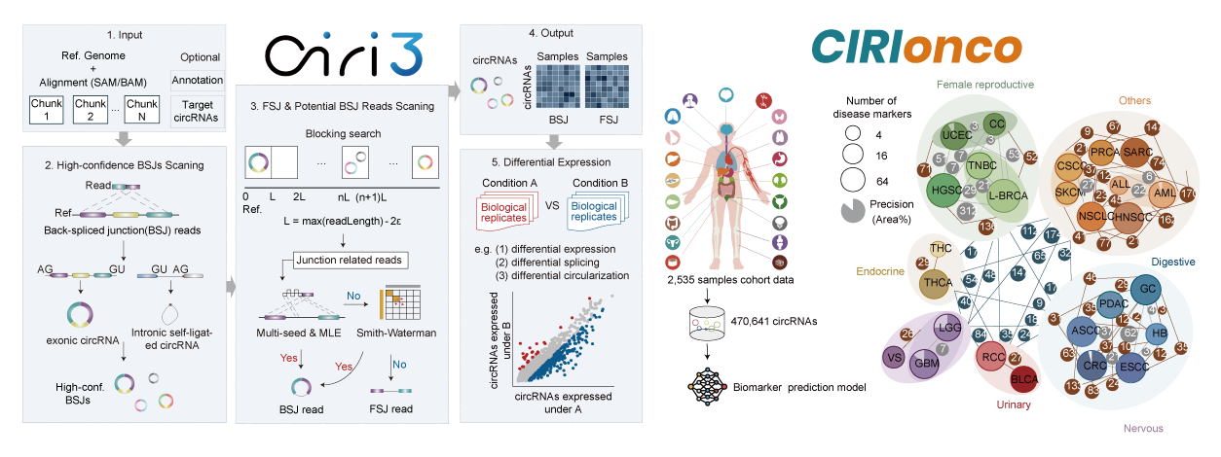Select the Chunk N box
click(x=141, y=112)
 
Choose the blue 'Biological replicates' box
click(x=594, y=211)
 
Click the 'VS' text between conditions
click(x=549, y=207)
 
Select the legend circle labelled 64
click(x=855, y=178)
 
